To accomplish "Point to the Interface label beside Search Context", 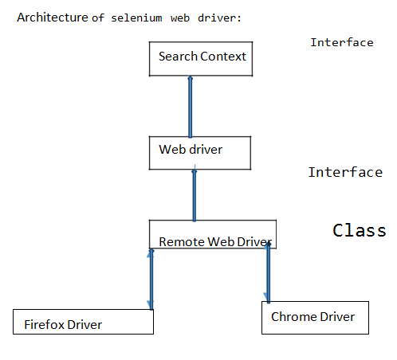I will point(341,42).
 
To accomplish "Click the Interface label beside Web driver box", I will point(345,172).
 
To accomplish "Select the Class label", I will point(359,230).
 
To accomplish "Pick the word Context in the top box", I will point(222,57).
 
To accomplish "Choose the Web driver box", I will point(199,152).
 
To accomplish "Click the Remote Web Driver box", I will point(211,235).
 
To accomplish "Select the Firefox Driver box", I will point(83,321).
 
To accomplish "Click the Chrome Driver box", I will point(315,317).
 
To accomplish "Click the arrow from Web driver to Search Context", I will point(191,106).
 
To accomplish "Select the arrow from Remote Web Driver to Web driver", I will point(194,194).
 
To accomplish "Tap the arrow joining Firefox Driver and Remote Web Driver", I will point(150,279).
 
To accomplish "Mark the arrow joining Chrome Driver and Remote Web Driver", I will point(268,273).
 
